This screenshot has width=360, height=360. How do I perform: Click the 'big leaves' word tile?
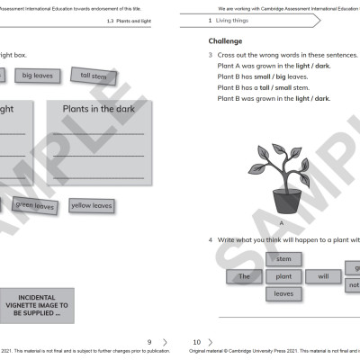coord(38,76)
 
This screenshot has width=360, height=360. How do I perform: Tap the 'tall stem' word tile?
coord(93,76)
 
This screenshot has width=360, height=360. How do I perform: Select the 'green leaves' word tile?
coord(35,206)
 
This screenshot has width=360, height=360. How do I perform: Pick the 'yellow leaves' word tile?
coord(91,206)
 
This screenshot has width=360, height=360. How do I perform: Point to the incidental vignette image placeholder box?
coord(38,307)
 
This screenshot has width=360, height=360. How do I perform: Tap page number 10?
coord(197,342)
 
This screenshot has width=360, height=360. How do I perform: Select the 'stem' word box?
coord(283,259)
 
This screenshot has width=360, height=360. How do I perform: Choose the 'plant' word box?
coord(283,276)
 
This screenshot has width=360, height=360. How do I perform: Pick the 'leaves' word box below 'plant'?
coord(283,293)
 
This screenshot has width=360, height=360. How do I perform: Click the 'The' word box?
coord(244,276)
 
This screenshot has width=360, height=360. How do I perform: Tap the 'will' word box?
coord(323,276)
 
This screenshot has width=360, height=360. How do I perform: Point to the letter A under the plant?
coord(282,220)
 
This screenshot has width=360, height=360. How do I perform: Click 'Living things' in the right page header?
coord(238,19)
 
